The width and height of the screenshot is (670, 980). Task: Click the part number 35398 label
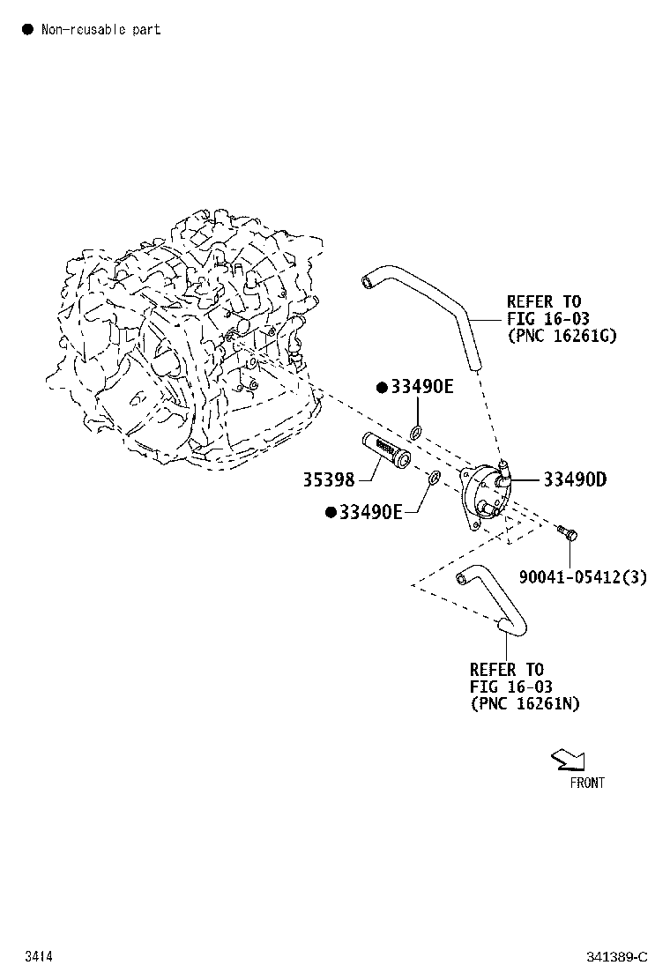[329, 479]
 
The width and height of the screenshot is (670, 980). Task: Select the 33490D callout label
[575, 479]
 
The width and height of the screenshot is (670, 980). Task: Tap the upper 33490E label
[422, 387]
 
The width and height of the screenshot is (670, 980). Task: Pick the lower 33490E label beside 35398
[370, 513]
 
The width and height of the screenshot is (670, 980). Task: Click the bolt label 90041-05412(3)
[583, 576]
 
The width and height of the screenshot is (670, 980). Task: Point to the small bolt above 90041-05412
[568, 533]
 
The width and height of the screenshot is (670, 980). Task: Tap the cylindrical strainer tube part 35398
[386, 450]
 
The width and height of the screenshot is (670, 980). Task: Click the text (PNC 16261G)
[562, 336]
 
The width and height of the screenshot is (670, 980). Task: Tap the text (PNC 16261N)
[525, 704]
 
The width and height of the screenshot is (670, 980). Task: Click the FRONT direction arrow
[569, 760]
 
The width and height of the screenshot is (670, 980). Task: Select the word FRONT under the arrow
[587, 783]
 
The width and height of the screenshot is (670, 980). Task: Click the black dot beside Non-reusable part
[27, 29]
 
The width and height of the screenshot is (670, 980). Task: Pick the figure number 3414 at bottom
[39, 956]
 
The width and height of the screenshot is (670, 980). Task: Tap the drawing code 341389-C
[617, 957]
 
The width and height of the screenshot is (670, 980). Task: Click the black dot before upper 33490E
[382, 388]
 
